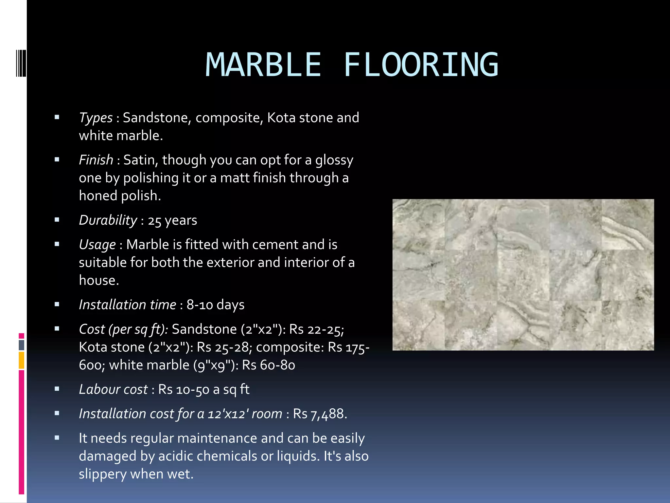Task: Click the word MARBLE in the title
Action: point(263,65)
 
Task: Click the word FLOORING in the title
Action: point(421,65)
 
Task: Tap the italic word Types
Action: point(96,118)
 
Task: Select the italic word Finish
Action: point(96,160)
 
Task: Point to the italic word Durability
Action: point(108,220)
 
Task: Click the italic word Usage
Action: point(97,245)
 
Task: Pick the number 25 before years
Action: point(154,221)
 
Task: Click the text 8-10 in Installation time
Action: point(200,305)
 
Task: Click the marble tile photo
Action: point(523,274)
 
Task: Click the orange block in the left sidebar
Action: point(22,360)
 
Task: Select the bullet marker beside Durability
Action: point(57,220)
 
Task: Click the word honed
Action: point(98,196)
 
